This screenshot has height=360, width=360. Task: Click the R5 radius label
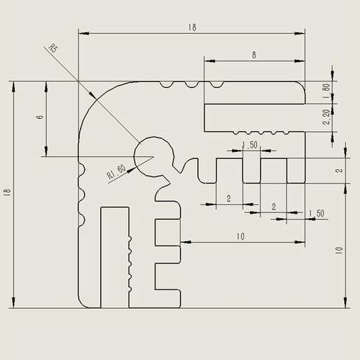[x=53, y=48]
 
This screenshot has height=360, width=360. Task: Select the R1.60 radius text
[x=116, y=172]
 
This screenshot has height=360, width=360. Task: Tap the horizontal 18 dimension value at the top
[x=192, y=27]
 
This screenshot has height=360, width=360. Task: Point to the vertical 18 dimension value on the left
[x=8, y=192]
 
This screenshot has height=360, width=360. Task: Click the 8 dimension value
[x=254, y=55]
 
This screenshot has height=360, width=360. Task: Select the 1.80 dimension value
[x=326, y=91]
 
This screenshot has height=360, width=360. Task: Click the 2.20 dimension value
[x=327, y=117]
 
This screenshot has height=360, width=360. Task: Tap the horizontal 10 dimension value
[x=240, y=237]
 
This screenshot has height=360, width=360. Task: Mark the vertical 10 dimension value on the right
[x=339, y=251]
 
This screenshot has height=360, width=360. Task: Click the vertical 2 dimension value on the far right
[x=339, y=171]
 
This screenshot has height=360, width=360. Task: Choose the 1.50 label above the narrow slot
[x=250, y=145]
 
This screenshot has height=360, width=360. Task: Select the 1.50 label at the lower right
[x=316, y=213]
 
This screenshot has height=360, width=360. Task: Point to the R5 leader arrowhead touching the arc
[x=93, y=95]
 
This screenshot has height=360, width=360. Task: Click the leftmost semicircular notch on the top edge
[x=166, y=84]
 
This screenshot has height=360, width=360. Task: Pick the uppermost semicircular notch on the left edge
[x=82, y=169]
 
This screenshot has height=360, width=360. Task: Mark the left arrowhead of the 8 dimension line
[x=210, y=61]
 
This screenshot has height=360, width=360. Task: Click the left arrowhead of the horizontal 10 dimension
[x=186, y=242]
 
